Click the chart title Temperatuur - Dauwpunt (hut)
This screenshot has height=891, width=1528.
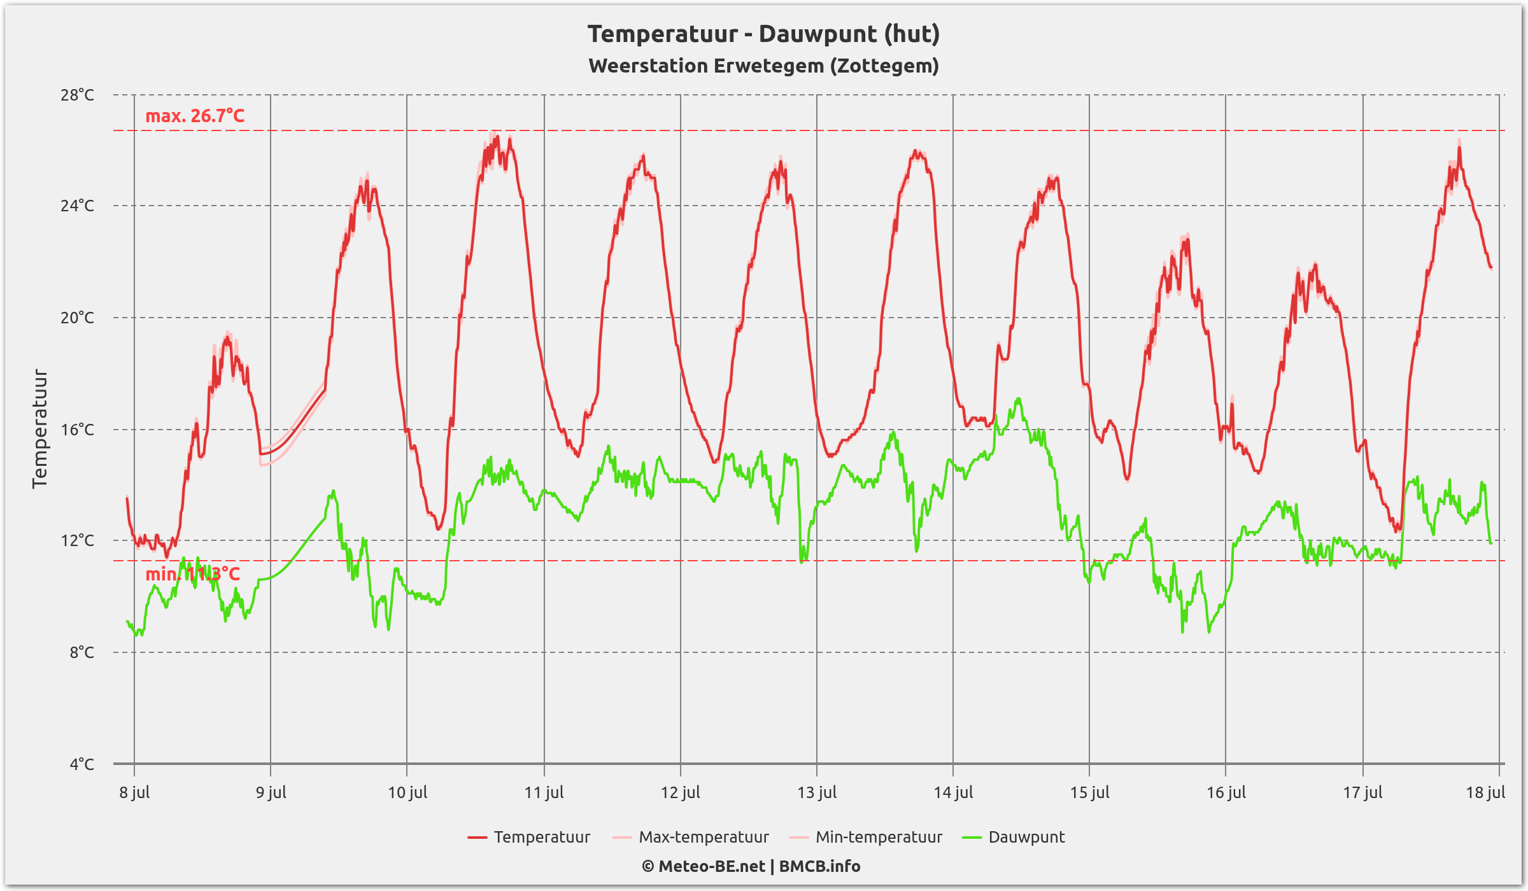pos(763,34)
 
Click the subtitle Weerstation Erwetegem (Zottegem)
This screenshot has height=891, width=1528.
pos(763,66)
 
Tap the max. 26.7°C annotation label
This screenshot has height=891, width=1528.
pos(195,116)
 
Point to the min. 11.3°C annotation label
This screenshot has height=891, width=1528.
pos(192,574)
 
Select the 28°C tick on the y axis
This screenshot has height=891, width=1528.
pos(77,95)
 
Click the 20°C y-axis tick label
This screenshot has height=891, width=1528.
pos(77,318)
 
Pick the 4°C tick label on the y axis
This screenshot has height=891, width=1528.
pos(81,764)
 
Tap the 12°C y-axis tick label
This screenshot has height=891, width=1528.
pos(77,540)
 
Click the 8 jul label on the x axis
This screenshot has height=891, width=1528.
pos(134,792)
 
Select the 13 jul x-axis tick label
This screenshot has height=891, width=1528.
pos(817,792)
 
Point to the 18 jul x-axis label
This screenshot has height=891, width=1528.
pos(1485,792)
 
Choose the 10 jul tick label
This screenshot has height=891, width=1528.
pos(407,792)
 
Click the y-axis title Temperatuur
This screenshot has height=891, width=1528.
pos(39,428)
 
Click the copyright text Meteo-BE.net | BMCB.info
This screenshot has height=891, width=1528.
pos(751,866)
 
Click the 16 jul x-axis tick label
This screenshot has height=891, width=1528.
pos(1226,792)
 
